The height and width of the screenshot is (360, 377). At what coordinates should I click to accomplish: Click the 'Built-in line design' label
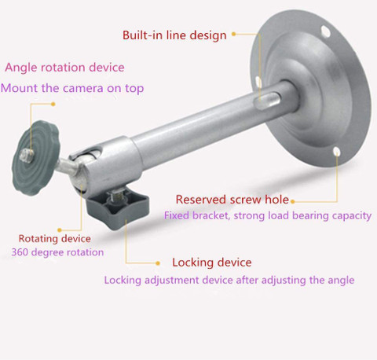coord(174,35)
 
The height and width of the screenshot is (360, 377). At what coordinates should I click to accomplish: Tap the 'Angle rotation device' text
coord(64,68)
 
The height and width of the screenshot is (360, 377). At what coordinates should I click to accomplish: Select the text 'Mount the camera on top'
coord(72,88)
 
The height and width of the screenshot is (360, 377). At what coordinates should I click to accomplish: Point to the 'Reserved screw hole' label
coord(232,200)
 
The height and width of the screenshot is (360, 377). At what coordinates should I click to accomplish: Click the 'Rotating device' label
coord(55,238)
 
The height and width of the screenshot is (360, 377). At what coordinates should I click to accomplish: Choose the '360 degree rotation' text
coord(57,252)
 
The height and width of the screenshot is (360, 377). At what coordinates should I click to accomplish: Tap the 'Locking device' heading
coord(212,263)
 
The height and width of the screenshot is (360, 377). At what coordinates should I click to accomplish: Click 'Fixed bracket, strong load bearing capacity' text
coord(268,215)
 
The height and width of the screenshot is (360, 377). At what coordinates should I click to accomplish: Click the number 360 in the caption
coord(20,252)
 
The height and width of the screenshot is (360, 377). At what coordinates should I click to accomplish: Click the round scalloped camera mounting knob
coord(36,158)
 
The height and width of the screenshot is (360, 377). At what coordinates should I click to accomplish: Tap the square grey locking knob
coord(118,207)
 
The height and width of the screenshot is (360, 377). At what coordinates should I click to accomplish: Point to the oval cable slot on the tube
coord(267,101)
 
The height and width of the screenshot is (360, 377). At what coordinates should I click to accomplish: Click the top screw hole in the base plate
coord(325,31)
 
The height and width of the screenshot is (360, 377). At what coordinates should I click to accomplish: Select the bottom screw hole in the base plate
coord(336,151)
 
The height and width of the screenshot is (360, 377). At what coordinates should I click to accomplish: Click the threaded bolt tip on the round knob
coord(27,156)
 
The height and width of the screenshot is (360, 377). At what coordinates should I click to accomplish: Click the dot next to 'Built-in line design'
coord(234,34)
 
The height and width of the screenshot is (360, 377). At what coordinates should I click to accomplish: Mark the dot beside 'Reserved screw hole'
coord(293,201)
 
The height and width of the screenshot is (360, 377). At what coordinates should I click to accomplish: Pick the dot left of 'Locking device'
coord(158,263)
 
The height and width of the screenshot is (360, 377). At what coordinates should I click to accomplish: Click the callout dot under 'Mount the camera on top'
coord(53,104)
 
